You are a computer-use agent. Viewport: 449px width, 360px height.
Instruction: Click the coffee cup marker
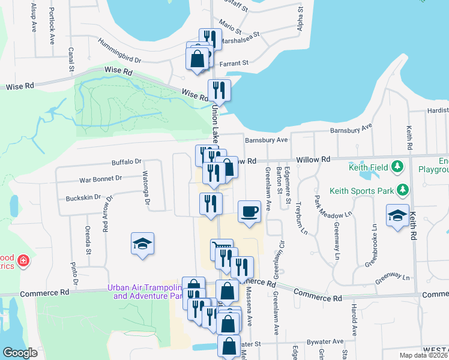[x=249, y=212]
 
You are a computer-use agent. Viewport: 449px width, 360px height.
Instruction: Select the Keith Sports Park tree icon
[x=404, y=191]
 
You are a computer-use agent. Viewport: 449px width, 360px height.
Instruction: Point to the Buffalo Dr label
[x=126, y=161]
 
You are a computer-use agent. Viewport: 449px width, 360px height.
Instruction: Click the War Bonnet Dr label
[x=101, y=178]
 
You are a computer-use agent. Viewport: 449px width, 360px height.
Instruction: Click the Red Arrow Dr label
[x=107, y=214]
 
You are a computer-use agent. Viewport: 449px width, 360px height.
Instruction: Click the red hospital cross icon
[x=23, y=261]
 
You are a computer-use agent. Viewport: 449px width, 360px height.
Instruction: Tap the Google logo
[x=20, y=353]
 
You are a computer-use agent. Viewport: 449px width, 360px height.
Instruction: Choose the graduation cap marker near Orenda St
[x=142, y=244]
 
